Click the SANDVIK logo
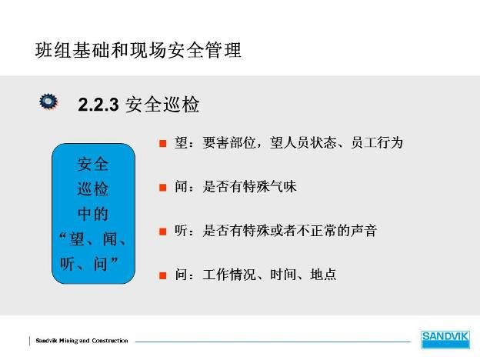pyautogui.click(x=445, y=339)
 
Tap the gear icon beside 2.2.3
pyautogui.click(x=48, y=101)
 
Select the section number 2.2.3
pyautogui.click(x=98, y=105)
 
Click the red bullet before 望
pyautogui.click(x=163, y=143)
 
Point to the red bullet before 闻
pyautogui.click(x=163, y=188)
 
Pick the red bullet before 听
pyautogui.click(x=163, y=232)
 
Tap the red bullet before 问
pyautogui.click(x=163, y=275)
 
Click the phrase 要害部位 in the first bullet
pyautogui.click(x=229, y=143)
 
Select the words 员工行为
pyautogui.click(x=377, y=143)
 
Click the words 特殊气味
pyautogui.click(x=270, y=187)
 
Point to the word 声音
pyautogui.click(x=364, y=231)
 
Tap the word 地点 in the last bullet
pyautogui.click(x=323, y=275)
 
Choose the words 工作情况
pyautogui.click(x=229, y=275)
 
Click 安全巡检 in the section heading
pyautogui.click(x=162, y=105)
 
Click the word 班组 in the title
pyautogui.click(x=54, y=50)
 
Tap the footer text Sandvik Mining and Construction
pyautogui.click(x=82, y=341)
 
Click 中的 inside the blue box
pyautogui.click(x=93, y=214)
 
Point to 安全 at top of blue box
pyautogui.click(x=93, y=164)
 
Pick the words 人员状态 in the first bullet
pyautogui.click(x=310, y=143)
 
